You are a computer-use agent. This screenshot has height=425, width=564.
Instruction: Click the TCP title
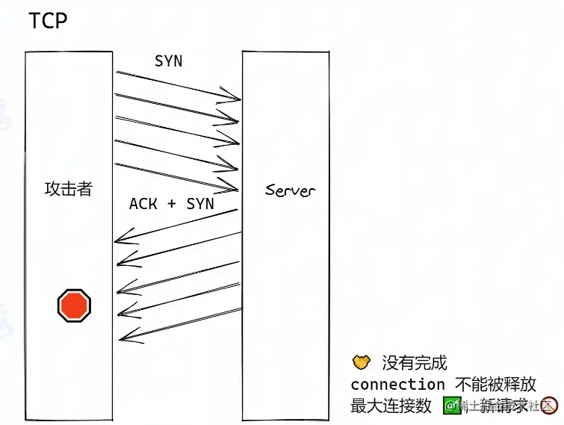pos(48,20)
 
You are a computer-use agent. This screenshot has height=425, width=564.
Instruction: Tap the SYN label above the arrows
pos(168,61)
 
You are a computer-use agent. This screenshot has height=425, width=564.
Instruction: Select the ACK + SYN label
pos(171,203)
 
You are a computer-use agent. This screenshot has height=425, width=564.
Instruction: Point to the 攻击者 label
pos(68,188)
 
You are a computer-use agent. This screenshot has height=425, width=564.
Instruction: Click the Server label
pos(290,190)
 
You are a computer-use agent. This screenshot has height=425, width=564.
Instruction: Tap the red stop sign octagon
pos(74,305)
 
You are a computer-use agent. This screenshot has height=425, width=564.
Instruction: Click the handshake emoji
pos(362,363)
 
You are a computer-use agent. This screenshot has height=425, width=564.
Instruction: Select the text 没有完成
pos(415,363)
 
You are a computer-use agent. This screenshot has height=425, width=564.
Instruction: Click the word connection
pos(397,385)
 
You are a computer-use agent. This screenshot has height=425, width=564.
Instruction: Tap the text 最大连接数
pos(391,406)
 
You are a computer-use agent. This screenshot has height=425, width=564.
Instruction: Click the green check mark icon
pos(450,406)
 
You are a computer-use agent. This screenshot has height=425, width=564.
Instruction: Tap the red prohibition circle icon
pos(550,406)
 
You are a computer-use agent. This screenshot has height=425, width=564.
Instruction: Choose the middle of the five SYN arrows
pos(176,131)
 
